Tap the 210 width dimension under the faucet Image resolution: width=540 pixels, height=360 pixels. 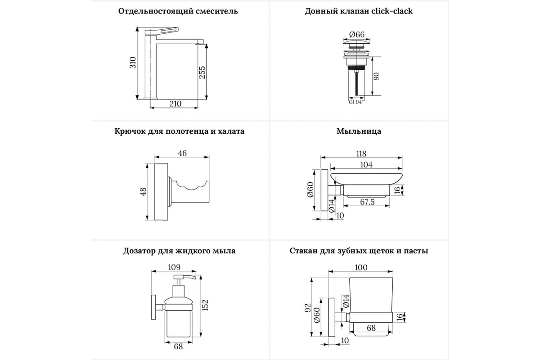pos(175,104)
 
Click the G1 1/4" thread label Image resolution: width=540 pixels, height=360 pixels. pos(356,102)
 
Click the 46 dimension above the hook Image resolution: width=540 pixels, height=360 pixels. pos(182,153)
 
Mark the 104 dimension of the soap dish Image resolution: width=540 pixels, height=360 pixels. pos(366,165)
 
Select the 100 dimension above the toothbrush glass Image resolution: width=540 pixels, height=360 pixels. pos(361,267)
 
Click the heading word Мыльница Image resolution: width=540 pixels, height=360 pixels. pos(359,131)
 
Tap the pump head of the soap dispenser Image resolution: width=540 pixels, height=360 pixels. pos(184,279)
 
